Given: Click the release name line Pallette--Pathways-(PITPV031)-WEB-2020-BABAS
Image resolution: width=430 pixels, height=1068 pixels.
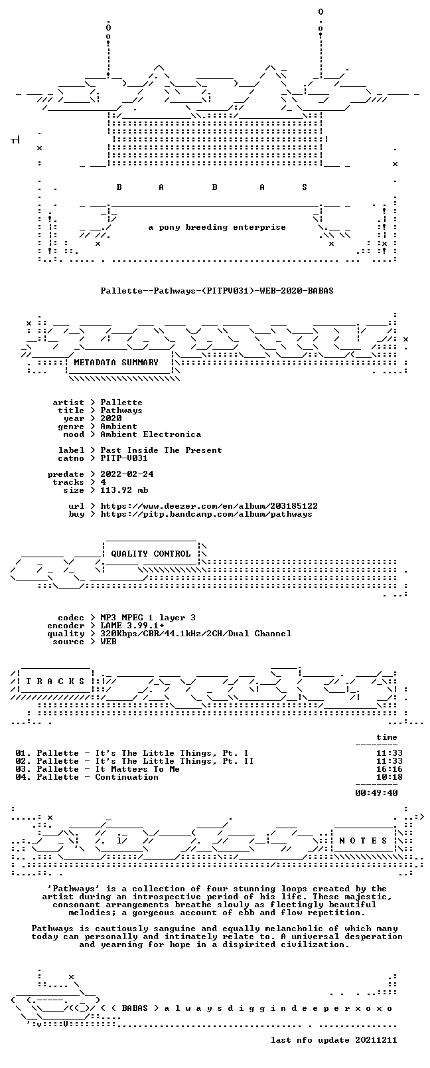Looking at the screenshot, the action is pos(217,291).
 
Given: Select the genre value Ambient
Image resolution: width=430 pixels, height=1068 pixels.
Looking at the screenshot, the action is pos(119,426).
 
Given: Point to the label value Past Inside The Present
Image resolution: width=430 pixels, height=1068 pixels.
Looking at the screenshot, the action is pos(161,450).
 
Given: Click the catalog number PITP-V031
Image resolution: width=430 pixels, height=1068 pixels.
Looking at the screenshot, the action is pos(124,458).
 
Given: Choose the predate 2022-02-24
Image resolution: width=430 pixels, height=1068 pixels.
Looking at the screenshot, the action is pos(127,474).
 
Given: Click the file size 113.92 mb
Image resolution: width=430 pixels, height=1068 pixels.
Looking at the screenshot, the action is pos(124,490).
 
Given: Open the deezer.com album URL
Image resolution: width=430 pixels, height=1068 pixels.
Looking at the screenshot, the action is pos(209,506).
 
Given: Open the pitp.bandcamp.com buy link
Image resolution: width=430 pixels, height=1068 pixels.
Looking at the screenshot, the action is pos(206,514).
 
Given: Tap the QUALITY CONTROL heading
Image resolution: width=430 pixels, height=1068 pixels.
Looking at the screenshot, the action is pos(151,553).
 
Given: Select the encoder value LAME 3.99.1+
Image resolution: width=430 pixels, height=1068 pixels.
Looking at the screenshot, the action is pos(132,626).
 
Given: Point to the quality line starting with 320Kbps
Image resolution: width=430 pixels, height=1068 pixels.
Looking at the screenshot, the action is pos(196,634).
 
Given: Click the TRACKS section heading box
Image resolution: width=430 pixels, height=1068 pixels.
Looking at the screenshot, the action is pos(55,681).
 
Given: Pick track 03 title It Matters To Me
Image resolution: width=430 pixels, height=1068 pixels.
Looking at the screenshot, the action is pos(137,769).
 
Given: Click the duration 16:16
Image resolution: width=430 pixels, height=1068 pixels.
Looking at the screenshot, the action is pos(389,769).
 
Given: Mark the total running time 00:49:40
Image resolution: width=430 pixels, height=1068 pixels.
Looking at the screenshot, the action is pos(376,793).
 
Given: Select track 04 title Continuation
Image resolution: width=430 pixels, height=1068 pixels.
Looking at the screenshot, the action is pos(127,777).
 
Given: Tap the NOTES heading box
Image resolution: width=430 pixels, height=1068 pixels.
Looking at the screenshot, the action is pos(364,841).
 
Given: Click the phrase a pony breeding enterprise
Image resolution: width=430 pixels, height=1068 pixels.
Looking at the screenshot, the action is pos(217,227).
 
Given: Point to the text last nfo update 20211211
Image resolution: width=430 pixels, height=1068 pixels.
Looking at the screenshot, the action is pos(334,1040).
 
